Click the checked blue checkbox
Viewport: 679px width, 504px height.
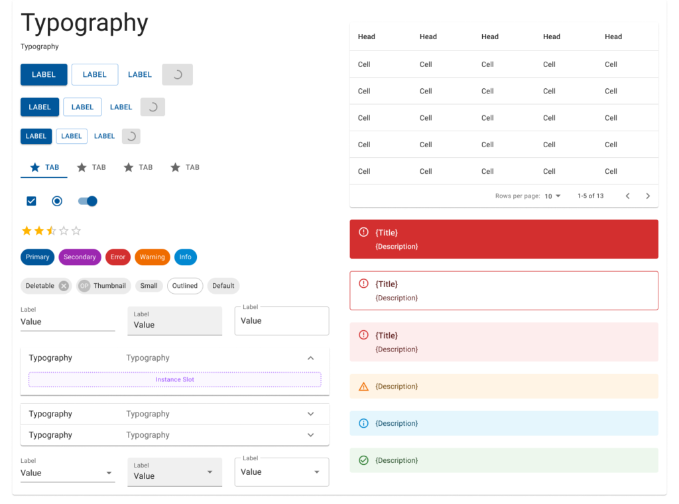point(31,201)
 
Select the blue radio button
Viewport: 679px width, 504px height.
point(57,201)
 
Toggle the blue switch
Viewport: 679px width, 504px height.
point(88,201)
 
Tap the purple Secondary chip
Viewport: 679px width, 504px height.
point(80,257)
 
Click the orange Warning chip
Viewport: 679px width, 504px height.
point(152,257)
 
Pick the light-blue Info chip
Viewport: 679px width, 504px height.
point(185,257)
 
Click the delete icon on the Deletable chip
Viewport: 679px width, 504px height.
point(64,286)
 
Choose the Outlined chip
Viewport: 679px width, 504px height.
point(185,286)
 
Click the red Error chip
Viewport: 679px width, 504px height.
point(118,257)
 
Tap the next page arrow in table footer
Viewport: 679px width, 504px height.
point(648,196)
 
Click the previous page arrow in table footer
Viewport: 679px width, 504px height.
point(627,196)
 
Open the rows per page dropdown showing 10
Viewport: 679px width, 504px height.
point(552,196)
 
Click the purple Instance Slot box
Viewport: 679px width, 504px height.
point(174,380)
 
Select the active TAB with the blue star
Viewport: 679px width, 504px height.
point(44,168)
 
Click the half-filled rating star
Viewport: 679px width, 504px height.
point(51,231)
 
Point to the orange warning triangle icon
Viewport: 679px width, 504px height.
point(363,387)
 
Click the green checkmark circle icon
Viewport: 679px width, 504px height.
point(363,460)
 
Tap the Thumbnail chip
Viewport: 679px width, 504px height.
point(103,286)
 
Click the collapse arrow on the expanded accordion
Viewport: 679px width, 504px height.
point(310,358)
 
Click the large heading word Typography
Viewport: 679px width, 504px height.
point(84,23)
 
